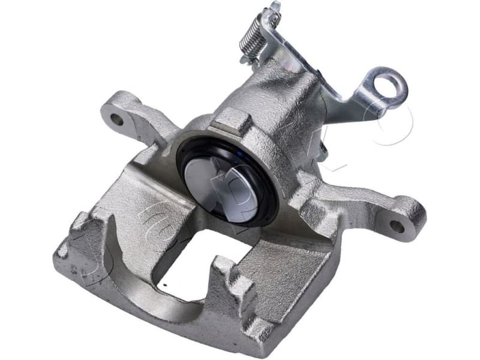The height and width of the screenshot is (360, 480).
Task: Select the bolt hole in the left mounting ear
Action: point(117,119)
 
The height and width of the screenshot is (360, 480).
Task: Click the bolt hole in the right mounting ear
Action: point(398,227)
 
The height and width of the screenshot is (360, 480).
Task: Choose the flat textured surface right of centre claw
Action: point(282,264)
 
